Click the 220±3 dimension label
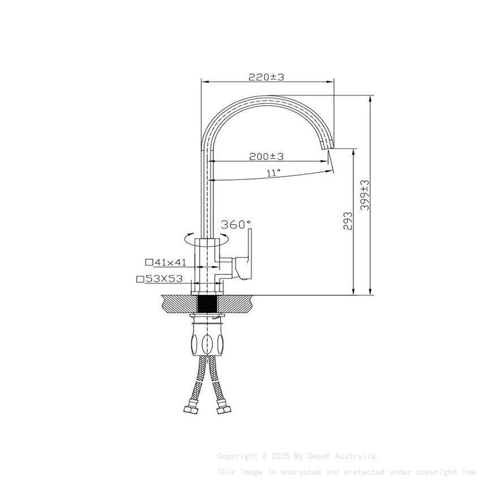point(266,77)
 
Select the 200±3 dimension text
point(266,156)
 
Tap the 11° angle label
point(273,173)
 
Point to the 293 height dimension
point(347,221)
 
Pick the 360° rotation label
point(235,225)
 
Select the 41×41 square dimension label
point(170,262)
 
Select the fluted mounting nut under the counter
point(207,342)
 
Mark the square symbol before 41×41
point(149,262)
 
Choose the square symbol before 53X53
point(139,278)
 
